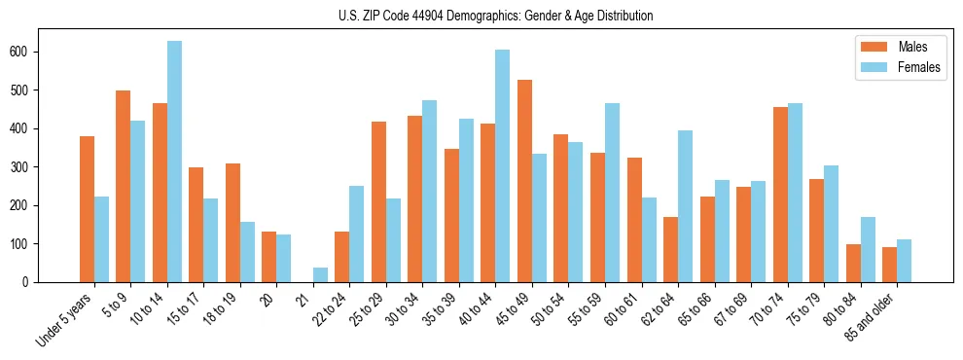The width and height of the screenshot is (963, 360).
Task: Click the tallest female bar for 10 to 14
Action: pos(174,162)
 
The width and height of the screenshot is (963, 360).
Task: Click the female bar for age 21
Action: pos(320,274)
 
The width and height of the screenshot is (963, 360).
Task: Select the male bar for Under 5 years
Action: pos(87,209)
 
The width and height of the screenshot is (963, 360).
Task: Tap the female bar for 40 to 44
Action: pos(503,165)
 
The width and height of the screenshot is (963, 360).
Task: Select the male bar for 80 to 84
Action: pos(853,263)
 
